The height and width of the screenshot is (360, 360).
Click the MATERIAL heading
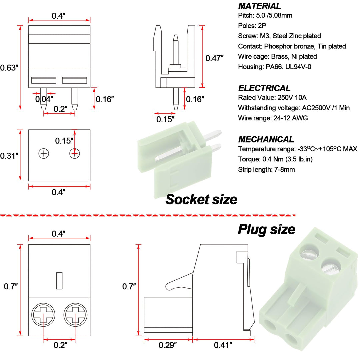tap(259, 6)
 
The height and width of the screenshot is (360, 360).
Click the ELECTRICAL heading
tap(264, 88)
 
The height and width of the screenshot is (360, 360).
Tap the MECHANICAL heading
tap(266, 139)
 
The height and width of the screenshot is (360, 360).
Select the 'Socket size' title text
tap(201, 199)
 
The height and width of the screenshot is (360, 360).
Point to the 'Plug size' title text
tap(266, 229)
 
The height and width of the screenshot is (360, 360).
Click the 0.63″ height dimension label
tap(9, 68)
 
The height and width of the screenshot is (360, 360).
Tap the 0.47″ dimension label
tap(214, 58)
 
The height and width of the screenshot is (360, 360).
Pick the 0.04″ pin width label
tap(44, 99)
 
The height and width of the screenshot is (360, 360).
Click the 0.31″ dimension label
tap(9, 156)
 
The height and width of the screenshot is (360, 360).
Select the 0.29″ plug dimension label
tap(168, 345)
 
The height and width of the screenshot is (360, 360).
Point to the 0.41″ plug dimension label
tap(223, 345)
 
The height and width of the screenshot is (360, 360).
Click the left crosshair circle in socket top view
tap(44, 153)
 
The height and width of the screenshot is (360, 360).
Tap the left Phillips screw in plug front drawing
tap(43, 315)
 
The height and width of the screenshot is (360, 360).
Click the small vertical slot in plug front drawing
tap(59, 281)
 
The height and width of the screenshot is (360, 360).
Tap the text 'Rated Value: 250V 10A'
tap(272, 98)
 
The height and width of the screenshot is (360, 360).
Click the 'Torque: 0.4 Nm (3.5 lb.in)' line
tap(275, 159)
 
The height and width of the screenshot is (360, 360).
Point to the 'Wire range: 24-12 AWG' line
tap(273, 118)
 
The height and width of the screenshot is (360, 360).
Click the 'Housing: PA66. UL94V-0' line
tap(275, 67)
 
